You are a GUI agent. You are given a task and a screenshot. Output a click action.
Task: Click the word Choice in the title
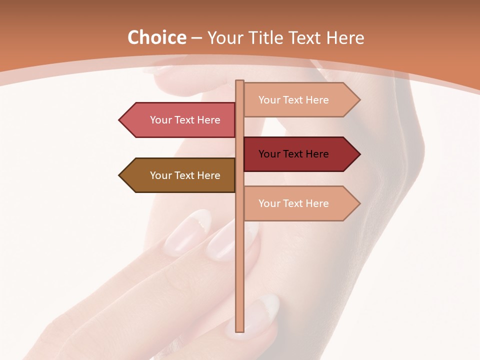156,37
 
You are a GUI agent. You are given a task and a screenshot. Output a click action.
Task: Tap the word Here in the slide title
345,37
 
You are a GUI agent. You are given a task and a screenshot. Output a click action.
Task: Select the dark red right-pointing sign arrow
300,154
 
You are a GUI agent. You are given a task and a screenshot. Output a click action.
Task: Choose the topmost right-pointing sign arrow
300,100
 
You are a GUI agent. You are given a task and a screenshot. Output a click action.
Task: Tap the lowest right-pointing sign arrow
300,203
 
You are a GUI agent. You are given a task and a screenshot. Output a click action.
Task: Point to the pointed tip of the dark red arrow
359,154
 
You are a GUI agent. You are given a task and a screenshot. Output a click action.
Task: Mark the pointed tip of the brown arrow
120,175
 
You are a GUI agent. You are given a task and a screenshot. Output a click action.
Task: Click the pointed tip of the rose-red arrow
120,120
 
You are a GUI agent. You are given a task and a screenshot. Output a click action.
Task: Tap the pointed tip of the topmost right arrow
359,100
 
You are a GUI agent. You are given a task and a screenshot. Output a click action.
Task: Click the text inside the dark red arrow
293,154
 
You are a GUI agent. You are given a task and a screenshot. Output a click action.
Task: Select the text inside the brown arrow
185,175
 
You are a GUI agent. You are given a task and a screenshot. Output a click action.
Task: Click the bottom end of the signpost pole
240,330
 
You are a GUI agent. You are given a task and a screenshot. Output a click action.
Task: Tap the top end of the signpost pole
240,82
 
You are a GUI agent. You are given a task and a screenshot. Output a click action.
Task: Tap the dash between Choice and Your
196,38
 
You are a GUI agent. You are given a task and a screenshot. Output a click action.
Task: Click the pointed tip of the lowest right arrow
359,203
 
